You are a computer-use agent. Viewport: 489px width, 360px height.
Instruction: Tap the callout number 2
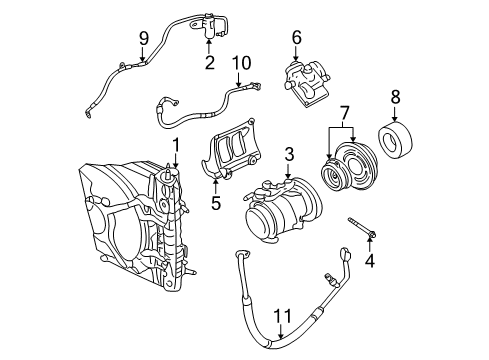tap(209, 63)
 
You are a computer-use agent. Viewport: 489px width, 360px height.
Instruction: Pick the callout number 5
tap(215, 204)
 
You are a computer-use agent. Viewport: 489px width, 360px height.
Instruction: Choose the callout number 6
tap(296, 38)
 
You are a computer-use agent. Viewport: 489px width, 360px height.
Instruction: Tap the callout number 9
tap(143, 38)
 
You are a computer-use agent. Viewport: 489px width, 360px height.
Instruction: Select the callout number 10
tap(237, 62)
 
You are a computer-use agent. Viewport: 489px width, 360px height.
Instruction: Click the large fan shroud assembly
tap(130, 220)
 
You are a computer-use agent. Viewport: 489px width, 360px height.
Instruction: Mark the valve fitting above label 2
tap(208, 24)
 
